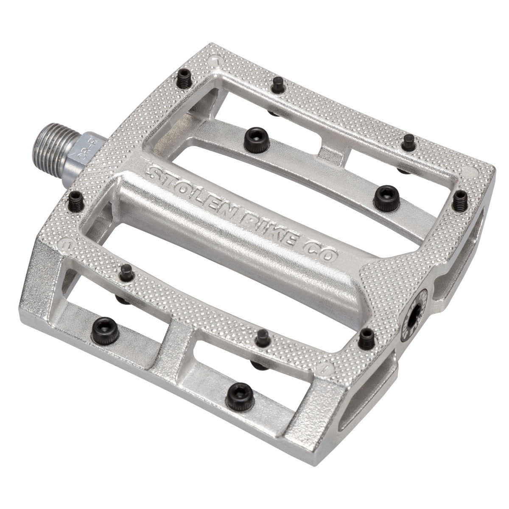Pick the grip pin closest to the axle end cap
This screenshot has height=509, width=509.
coord(366,338)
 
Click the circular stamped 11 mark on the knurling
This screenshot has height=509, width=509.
coord(66,245)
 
